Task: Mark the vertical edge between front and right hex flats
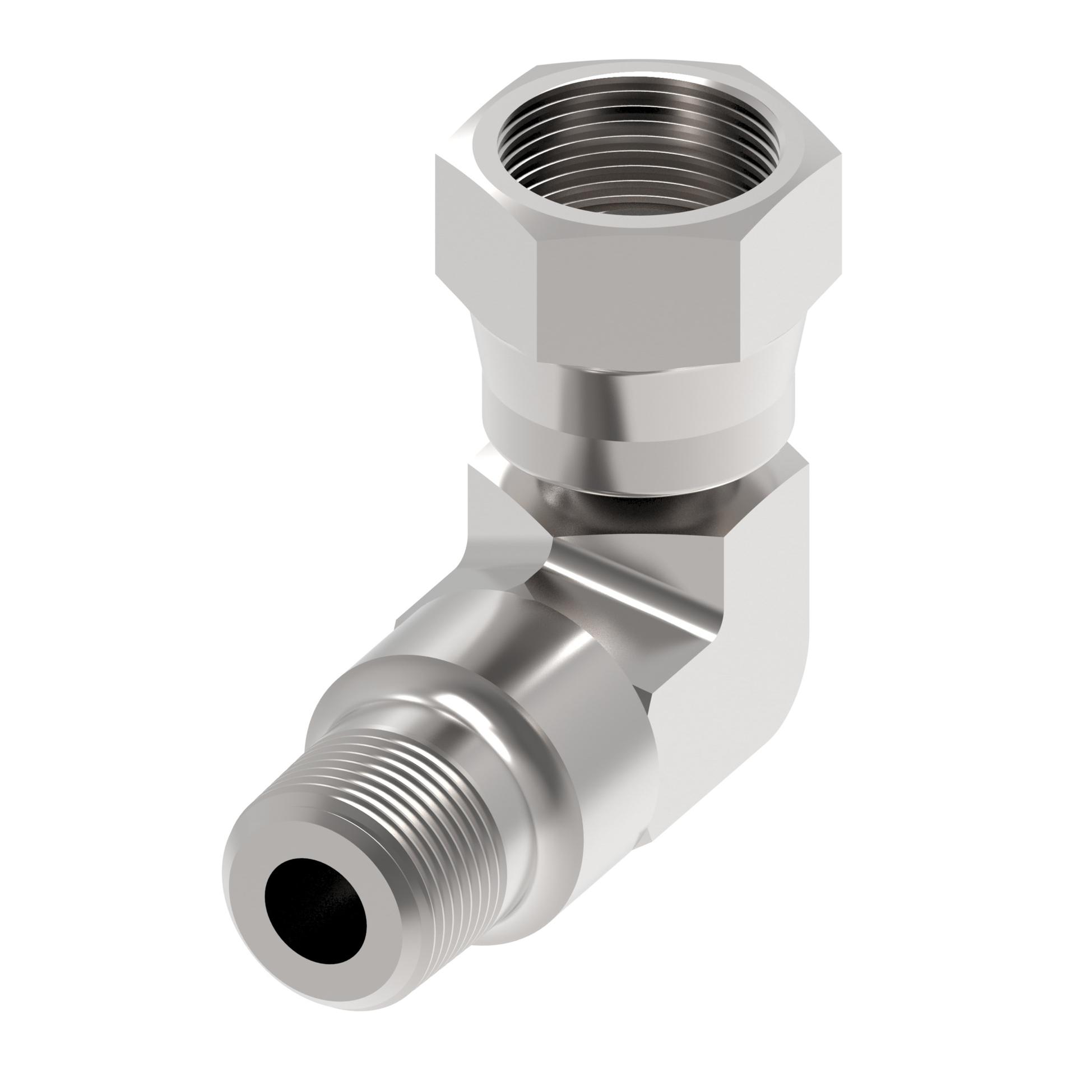click(x=743, y=303)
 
